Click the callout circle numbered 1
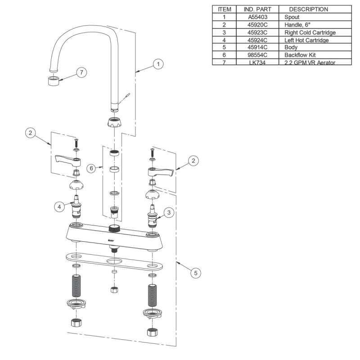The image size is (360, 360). click(x=157, y=64)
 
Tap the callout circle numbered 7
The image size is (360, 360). click(x=81, y=72)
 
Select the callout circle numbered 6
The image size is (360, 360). click(x=91, y=168)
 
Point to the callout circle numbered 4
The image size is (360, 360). click(x=58, y=207)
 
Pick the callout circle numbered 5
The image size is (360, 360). click(x=194, y=272)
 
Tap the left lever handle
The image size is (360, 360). click(x=67, y=161)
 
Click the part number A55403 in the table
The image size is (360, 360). click(x=257, y=17)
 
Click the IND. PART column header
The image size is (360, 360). click(x=257, y=9)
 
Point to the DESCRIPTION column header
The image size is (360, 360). click(x=308, y=9)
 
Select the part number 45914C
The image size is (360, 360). click(x=257, y=48)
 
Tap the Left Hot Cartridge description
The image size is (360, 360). click(x=306, y=40)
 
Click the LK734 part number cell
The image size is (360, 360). click(x=257, y=63)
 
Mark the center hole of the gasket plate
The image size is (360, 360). click(x=114, y=261)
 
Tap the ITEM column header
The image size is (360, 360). click(x=224, y=9)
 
